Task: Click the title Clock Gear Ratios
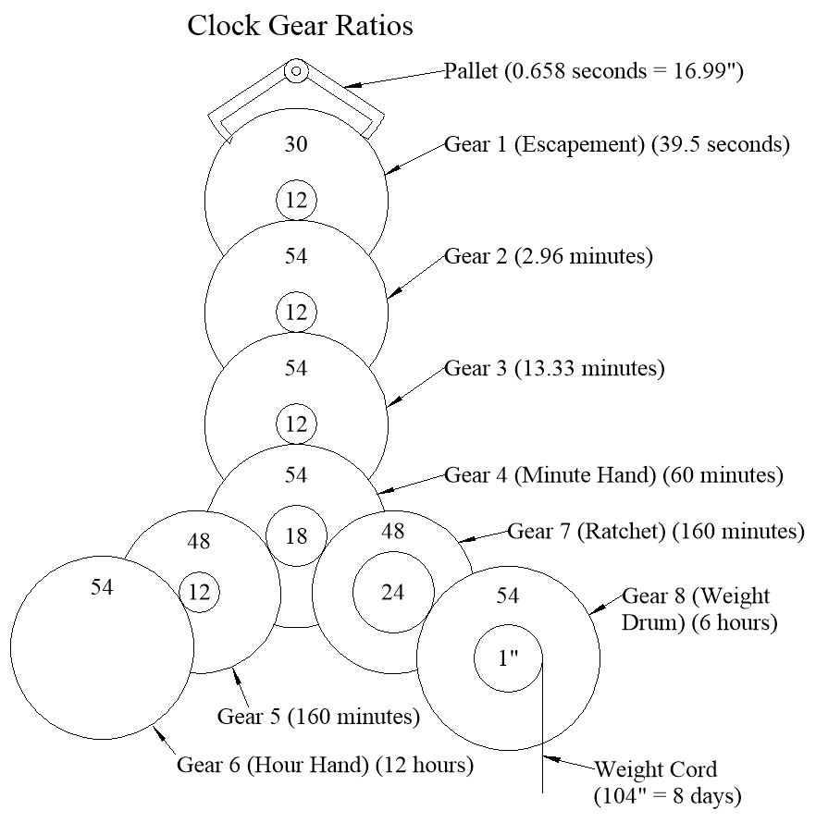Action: click(300, 26)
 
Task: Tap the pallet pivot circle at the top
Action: click(296, 70)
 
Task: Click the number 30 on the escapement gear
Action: click(296, 144)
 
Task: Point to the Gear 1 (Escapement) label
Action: click(617, 145)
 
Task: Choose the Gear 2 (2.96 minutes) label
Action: click(549, 256)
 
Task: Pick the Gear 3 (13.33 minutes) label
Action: click(554, 368)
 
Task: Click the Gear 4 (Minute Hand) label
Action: click(613, 475)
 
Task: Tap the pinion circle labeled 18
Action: click(296, 535)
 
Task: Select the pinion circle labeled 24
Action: click(393, 592)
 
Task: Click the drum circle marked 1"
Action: click(508, 658)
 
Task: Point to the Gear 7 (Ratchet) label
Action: click(655, 532)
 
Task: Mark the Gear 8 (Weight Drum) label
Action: click(699, 608)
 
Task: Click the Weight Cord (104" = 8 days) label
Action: click(668, 781)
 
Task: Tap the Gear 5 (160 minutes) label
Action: click(318, 717)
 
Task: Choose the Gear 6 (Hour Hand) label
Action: click(326, 766)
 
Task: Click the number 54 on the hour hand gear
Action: click(102, 587)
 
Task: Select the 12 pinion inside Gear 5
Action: click(199, 593)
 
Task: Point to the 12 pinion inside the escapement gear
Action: click(296, 201)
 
